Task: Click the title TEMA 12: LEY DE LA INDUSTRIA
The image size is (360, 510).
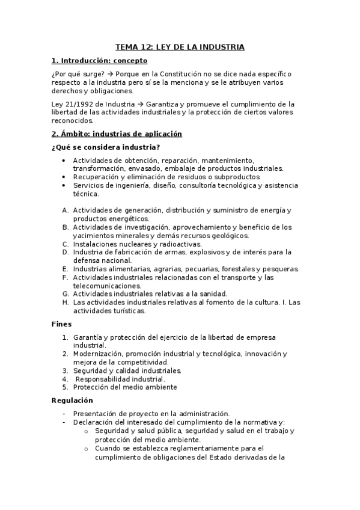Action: (180, 48)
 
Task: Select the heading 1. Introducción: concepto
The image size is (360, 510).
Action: (99, 61)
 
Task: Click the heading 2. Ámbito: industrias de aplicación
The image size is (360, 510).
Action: (117, 134)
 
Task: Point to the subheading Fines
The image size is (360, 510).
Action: (61, 324)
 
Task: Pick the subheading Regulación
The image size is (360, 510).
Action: (72, 400)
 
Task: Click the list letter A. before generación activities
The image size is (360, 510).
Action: (65, 210)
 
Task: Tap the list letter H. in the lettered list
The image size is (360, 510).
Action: (65, 302)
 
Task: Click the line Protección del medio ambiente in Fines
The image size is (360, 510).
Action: (125, 387)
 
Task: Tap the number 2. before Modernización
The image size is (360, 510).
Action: (65, 354)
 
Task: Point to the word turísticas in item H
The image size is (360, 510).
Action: (127, 310)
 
